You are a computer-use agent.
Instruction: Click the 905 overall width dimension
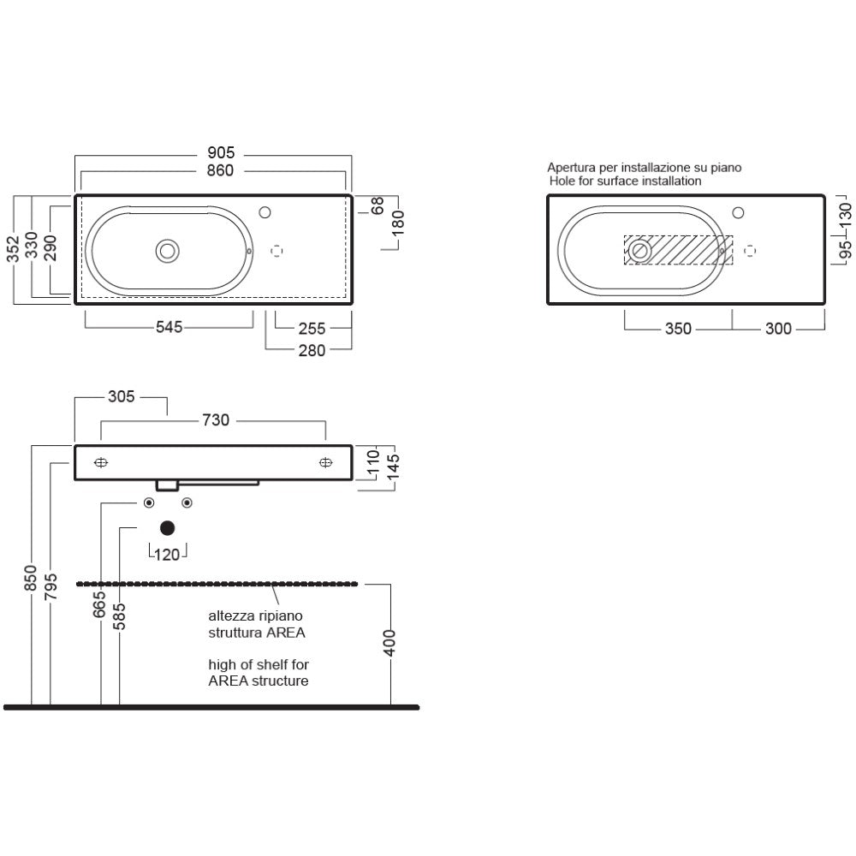(221, 153)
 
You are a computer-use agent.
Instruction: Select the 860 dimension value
(220, 171)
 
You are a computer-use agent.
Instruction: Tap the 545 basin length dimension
(169, 327)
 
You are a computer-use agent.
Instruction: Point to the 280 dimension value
(312, 350)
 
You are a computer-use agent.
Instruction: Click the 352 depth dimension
(13, 248)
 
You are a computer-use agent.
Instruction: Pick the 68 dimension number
(377, 205)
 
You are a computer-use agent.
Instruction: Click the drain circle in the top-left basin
(168, 251)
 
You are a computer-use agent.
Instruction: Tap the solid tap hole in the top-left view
(265, 212)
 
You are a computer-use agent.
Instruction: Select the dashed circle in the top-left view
(276, 251)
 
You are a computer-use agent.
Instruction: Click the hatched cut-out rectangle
(679, 250)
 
